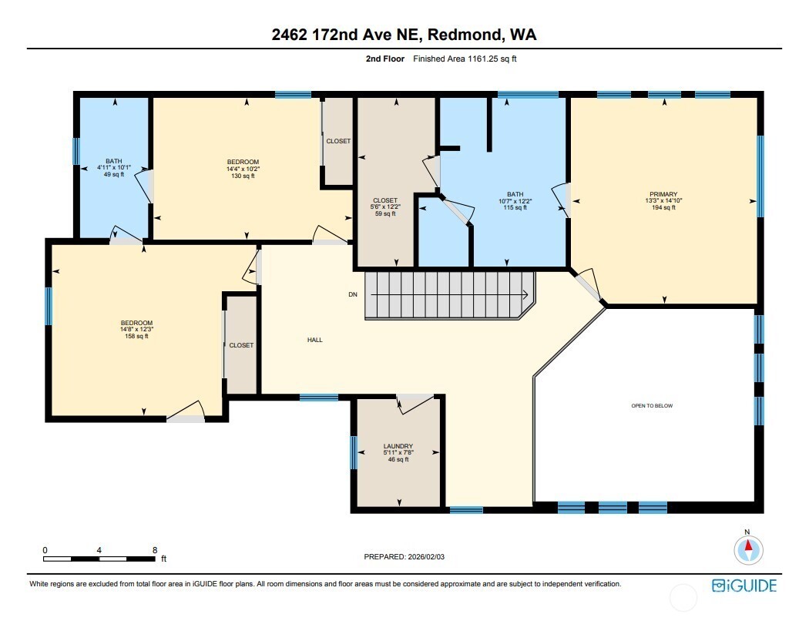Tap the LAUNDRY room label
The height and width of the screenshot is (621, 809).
398,446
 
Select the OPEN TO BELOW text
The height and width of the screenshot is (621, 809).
652,406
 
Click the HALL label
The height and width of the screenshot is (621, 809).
314,340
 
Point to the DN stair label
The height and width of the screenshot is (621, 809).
352,294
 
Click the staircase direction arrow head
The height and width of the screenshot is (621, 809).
525,294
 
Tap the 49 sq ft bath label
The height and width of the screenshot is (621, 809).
114,162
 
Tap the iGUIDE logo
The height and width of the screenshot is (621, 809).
744,586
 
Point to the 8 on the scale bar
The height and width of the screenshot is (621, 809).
155,550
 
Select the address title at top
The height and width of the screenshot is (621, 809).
404,35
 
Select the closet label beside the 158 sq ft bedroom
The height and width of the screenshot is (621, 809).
241,345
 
